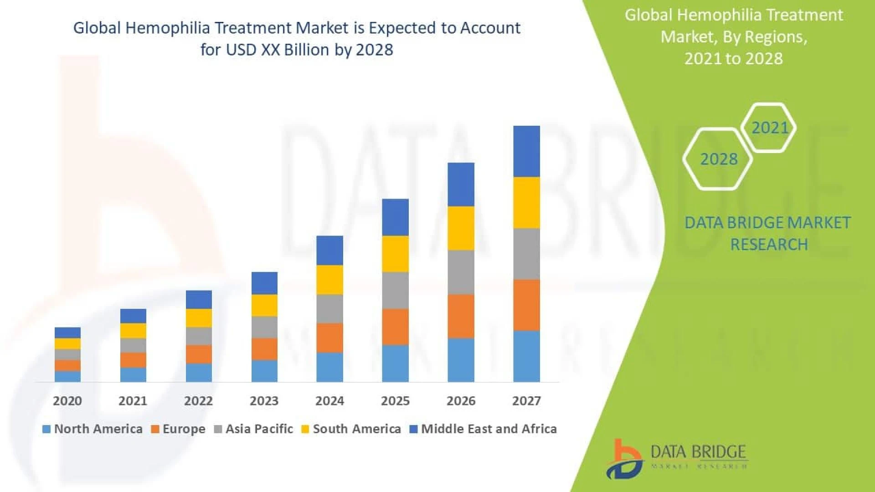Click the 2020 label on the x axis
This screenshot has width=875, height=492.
click(67, 401)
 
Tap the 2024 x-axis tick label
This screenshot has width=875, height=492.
click(329, 401)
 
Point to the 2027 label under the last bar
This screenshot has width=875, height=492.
click(526, 401)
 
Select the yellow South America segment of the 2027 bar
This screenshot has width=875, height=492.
click(526, 203)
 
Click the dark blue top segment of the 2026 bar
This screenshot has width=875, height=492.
click(461, 184)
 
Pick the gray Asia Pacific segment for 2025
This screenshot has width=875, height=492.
click(395, 291)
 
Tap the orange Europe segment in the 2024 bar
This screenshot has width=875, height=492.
click(329, 338)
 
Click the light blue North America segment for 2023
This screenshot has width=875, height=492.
click(264, 371)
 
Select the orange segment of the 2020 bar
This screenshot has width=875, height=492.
click(67, 365)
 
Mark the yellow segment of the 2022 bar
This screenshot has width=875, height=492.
click(199, 318)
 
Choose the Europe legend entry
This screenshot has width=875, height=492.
click(178, 429)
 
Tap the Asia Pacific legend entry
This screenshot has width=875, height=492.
click(253, 429)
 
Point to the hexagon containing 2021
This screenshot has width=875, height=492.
click(769, 128)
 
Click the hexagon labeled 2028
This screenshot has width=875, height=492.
click(718, 159)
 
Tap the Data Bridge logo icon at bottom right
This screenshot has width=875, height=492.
click(624, 459)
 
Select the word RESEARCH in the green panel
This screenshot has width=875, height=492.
click(769, 245)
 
